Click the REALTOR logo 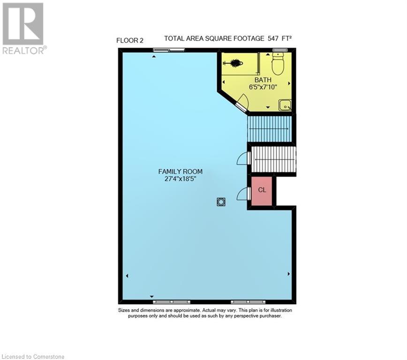click(23, 28)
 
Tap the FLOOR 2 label click(130, 41)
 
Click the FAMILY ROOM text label click(180, 172)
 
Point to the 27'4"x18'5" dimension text click(180, 179)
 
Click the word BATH click(263, 80)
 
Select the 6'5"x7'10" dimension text click(264, 87)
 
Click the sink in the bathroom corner click(285, 105)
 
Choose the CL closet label click(262, 190)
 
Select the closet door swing click(243, 193)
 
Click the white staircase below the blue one click(274, 160)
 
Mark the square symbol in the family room click(221, 202)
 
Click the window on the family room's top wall click(162, 50)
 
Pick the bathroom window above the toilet click(280, 50)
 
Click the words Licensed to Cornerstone click(33, 356)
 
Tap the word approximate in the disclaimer click(185, 310)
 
